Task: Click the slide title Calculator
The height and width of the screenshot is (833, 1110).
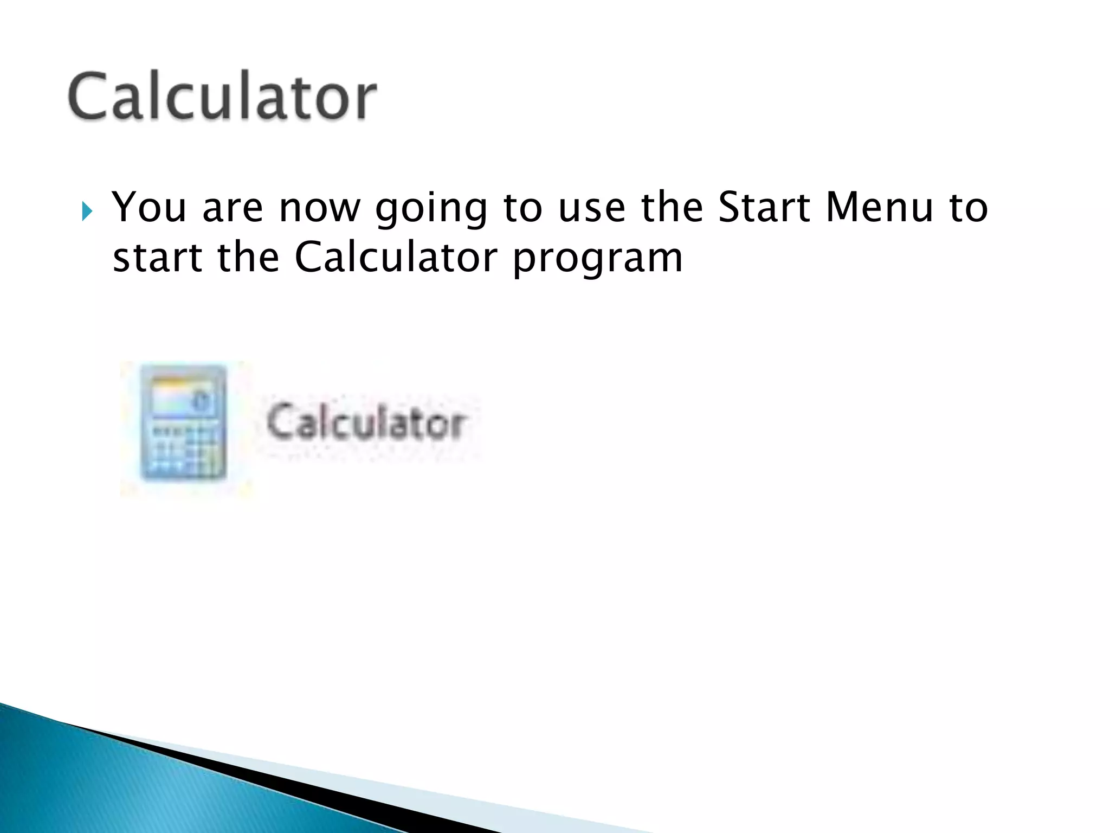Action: tap(222, 96)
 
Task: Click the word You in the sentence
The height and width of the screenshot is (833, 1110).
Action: tap(149, 208)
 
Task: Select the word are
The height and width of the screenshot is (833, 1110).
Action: tap(233, 208)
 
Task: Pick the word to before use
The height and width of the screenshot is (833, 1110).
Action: tap(522, 208)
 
